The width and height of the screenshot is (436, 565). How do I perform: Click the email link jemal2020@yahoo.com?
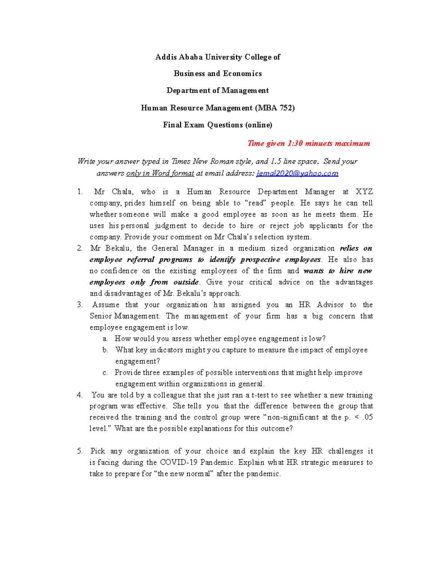(297, 173)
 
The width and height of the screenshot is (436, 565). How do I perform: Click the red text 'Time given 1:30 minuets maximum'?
(308, 143)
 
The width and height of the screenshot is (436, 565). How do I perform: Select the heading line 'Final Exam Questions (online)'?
(217, 125)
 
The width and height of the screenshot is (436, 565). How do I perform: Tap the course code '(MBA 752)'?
(275, 108)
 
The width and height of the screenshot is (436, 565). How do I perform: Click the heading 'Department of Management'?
(217, 91)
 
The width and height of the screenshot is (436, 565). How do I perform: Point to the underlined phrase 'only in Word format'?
(160, 173)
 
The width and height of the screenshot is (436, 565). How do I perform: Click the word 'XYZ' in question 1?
(364, 192)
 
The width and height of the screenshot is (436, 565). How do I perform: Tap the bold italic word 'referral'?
(141, 259)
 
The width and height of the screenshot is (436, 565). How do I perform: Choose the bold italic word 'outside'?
(186, 282)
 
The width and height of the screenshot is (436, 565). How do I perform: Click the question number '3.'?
(80, 305)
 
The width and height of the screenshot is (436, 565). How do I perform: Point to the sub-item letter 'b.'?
(105, 350)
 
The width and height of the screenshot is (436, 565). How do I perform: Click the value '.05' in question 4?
(368, 417)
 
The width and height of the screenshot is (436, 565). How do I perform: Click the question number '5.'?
(80, 451)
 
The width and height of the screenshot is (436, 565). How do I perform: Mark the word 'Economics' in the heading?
(242, 73)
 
